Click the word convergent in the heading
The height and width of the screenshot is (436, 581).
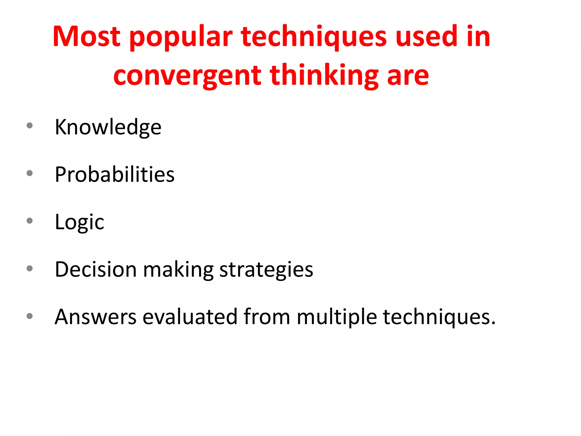point(187,76)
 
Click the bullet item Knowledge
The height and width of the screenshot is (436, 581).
point(108,127)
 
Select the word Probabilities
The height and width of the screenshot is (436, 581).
point(115,174)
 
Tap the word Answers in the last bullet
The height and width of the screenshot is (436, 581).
point(96,317)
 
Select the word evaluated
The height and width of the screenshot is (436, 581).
point(190,317)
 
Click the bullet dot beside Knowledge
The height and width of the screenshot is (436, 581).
point(30,125)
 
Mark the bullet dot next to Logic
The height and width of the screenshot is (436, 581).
point(30,221)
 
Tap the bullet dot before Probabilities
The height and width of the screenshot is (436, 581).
point(30,173)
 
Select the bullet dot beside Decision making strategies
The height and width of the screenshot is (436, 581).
point(30,268)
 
